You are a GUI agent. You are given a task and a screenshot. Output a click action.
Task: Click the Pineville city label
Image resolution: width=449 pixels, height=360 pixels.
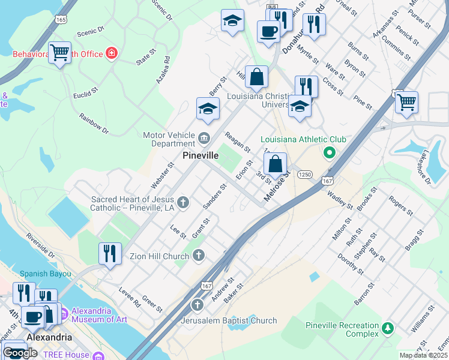[200, 155]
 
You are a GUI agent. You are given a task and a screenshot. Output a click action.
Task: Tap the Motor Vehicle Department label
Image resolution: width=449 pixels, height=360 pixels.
[169, 139]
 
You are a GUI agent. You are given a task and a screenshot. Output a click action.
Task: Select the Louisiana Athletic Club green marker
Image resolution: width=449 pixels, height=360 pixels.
[328, 153]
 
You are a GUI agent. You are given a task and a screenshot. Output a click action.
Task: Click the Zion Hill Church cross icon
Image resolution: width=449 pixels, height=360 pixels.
[199, 256]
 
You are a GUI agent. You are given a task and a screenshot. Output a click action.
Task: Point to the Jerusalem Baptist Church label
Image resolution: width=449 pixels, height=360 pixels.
[229, 320]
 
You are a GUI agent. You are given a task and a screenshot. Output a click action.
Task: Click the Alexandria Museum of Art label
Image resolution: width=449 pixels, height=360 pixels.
[99, 315]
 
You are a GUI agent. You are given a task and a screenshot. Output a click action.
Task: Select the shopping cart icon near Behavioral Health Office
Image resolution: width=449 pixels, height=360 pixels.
[59, 53]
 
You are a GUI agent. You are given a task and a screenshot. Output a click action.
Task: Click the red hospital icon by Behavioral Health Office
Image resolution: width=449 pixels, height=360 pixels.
[111, 54]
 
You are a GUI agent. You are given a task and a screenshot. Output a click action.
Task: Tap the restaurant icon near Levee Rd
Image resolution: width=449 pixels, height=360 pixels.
[110, 254]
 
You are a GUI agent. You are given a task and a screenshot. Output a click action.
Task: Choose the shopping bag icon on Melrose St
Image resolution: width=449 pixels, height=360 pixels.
[275, 163]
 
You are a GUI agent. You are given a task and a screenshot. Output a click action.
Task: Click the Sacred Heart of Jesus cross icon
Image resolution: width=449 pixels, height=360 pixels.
[182, 202]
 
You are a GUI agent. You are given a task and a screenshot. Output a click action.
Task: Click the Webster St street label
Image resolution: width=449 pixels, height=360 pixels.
[158, 172]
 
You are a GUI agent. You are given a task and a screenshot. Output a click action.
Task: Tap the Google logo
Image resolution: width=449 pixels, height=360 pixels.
[20, 353]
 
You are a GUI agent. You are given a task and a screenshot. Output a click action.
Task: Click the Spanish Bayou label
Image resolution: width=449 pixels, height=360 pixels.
[45, 274]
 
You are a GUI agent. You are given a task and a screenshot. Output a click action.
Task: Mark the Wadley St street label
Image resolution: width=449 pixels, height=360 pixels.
[340, 200]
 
